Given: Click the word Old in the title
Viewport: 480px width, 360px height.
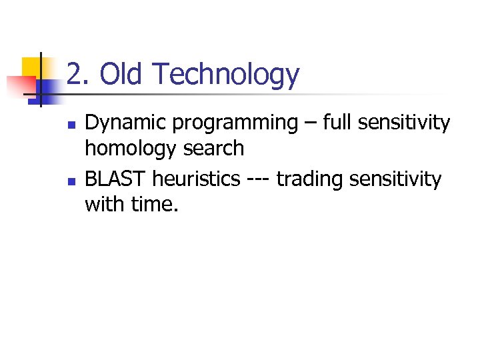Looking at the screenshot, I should [x=122, y=75].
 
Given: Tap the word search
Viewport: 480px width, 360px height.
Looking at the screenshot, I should [x=213, y=148].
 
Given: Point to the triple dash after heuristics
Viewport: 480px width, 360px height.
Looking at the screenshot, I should [x=257, y=180].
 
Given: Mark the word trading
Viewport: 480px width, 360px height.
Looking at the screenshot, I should [x=307, y=179].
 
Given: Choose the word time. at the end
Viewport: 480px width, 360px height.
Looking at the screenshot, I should [x=155, y=204].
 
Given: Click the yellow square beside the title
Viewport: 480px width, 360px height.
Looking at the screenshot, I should [x=33, y=67].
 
